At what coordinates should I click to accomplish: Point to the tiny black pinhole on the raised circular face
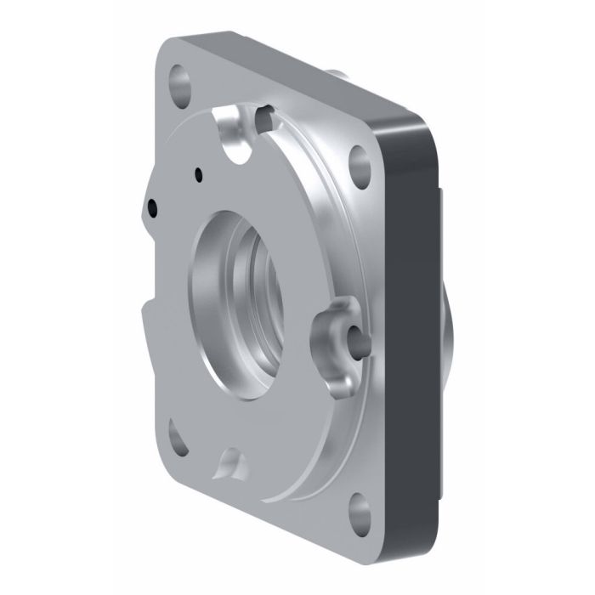(198, 176)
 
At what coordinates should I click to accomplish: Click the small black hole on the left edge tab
(152, 205)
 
